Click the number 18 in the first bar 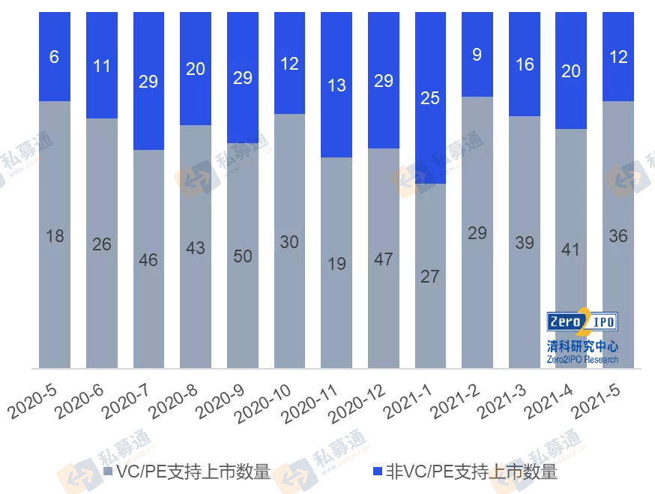[x=55, y=236]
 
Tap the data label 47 [x=383, y=259]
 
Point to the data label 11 [x=101, y=66]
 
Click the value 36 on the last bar [x=618, y=236]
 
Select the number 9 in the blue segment [x=477, y=54]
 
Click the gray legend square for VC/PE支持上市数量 [x=107, y=472]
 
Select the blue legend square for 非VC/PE [x=378, y=472]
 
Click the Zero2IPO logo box [x=582, y=322]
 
